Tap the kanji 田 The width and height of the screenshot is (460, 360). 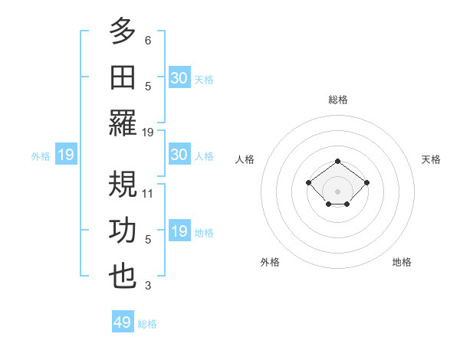point(123,78)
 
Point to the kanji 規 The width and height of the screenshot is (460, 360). point(123,185)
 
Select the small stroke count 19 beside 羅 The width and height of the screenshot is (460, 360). point(148,133)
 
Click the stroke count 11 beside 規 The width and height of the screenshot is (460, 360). point(148,193)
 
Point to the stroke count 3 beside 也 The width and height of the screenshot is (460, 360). point(148,286)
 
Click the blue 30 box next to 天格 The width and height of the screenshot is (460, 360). point(179,78)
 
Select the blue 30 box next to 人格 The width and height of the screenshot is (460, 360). point(179,155)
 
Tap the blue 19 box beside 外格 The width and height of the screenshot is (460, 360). point(66,155)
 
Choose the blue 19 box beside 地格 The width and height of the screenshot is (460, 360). point(179,231)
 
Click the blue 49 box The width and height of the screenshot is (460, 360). point(123,322)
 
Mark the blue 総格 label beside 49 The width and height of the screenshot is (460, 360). point(147,324)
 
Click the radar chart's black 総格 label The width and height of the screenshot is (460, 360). point(337,100)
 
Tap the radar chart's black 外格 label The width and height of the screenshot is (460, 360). point(270,262)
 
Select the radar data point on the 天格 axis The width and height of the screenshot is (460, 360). point(366,182)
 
